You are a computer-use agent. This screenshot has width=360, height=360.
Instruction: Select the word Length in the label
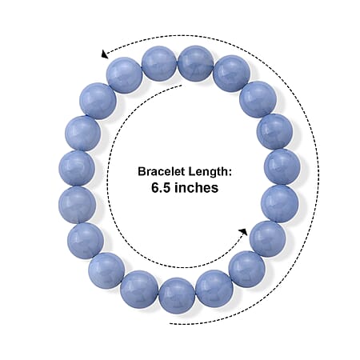point(207,172)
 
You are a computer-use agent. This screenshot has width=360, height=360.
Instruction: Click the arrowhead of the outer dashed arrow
point(104,54)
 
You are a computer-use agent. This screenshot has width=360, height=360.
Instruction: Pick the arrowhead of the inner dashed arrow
point(243,232)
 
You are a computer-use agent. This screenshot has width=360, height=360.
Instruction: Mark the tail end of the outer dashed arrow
point(170,324)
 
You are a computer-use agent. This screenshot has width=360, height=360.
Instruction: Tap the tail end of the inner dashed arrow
point(182,86)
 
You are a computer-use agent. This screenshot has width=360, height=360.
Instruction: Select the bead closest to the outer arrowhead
point(125,75)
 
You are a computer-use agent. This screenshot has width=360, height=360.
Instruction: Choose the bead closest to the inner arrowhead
point(267,239)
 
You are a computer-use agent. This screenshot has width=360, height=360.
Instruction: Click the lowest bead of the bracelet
point(177,295)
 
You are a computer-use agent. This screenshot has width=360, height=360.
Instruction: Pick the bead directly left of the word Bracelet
point(77,169)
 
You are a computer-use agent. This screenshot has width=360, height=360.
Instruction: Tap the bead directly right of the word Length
point(282,167)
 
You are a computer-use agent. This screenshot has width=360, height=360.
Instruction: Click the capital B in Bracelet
point(142,171)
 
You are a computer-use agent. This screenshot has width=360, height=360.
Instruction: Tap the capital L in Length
point(192,171)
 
